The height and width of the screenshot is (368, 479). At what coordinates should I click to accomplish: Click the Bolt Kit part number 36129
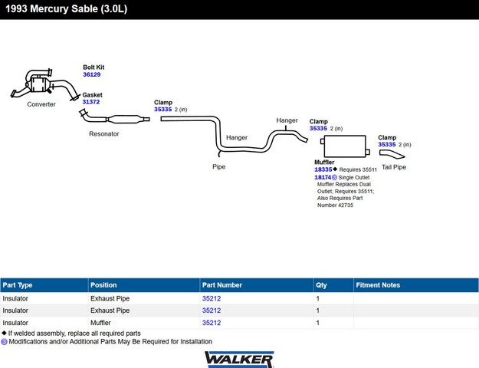[92, 74]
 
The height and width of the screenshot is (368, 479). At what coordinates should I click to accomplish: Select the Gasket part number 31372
[91, 102]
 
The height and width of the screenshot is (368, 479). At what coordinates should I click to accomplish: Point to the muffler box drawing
[345, 146]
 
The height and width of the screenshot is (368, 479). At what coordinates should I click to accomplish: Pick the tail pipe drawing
[392, 154]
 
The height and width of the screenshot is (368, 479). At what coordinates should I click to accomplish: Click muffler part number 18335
[323, 169]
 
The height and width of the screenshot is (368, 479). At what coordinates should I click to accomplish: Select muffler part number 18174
[323, 177]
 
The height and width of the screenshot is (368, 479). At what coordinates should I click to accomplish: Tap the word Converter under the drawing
[41, 104]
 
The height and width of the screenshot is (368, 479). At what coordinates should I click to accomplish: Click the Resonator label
[104, 133]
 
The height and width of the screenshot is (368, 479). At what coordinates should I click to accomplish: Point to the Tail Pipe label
[394, 167]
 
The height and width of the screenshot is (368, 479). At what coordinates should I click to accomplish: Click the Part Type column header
[18, 285]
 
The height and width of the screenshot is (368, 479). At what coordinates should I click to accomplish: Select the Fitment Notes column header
[378, 285]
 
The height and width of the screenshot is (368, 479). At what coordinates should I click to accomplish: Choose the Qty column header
[321, 285]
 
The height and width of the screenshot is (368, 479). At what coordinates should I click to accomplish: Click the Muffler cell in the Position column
[100, 323]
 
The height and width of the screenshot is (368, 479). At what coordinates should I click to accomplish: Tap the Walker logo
[239, 360]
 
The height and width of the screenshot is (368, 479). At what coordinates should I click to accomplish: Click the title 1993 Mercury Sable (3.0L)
[66, 8]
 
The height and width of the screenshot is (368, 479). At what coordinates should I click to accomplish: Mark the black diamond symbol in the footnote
[4, 333]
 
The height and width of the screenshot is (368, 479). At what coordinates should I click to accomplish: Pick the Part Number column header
[222, 285]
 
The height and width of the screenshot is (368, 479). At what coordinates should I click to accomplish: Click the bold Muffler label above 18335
[324, 163]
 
